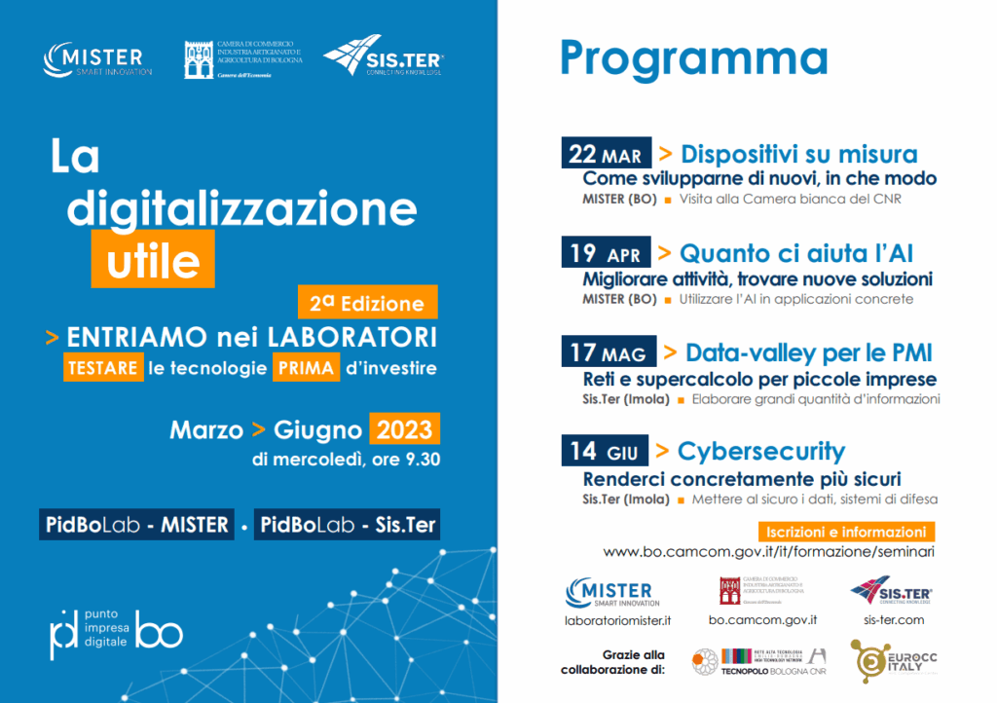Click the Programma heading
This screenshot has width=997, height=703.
(x=693, y=58)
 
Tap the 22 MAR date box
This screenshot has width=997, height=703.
(x=605, y=154)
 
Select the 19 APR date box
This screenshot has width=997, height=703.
(x=605, y=253)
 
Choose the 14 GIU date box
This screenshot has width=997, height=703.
(x=605, y=451)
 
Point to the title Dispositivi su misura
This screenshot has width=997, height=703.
(x=798, y=154)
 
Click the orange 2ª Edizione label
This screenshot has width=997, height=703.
(x=367, y=303)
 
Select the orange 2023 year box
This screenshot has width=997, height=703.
(x=404, y=428)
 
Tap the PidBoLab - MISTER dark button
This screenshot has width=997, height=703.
(x=137, y=526)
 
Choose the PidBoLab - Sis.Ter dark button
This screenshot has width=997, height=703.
(x=349, y=526)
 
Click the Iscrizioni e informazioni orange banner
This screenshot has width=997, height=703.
(x=845, y=532)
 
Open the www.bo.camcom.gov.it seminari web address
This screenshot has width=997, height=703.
(x=769, y=552)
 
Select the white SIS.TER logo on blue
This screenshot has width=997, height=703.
(x=384, y=56)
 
